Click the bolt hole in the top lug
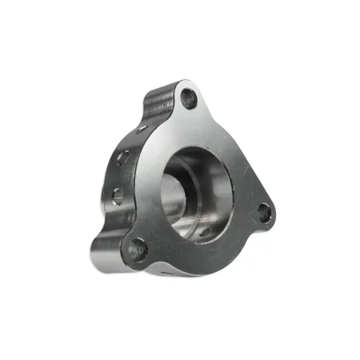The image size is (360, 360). (x=190, y=99)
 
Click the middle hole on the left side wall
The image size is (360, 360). (x=122, y=158)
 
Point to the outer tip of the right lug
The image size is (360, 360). (x=274, y=216)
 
